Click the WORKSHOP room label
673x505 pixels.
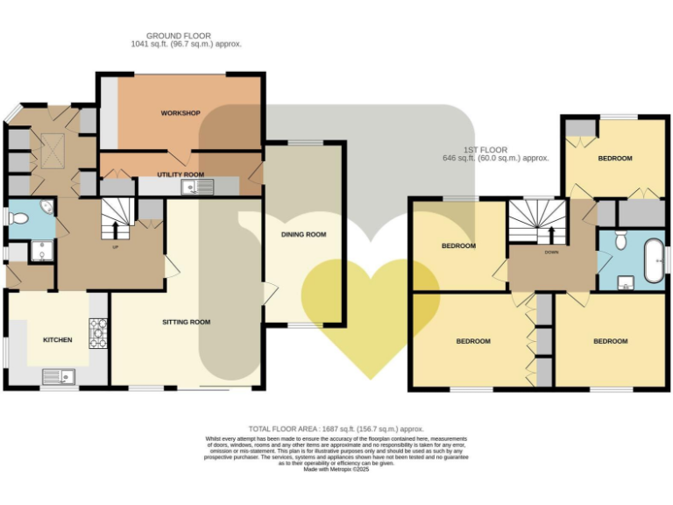tap(181, 113)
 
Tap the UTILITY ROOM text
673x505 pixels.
tap(181, 174)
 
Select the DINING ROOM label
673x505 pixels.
tap(303, 234)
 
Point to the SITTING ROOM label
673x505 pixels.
tap(186, 322)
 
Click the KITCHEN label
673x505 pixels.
tap(58, 339)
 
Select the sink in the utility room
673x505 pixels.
tap(192, 187)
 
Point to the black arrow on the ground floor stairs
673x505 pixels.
tap(114, 230)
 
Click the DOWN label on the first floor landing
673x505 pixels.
tap(551, 251)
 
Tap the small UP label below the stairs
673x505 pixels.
tap(114, 247)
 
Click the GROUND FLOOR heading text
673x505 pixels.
tap(179, 35)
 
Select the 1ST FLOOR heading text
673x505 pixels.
tap(487, 150)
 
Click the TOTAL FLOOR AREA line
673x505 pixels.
tap(337, 429)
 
